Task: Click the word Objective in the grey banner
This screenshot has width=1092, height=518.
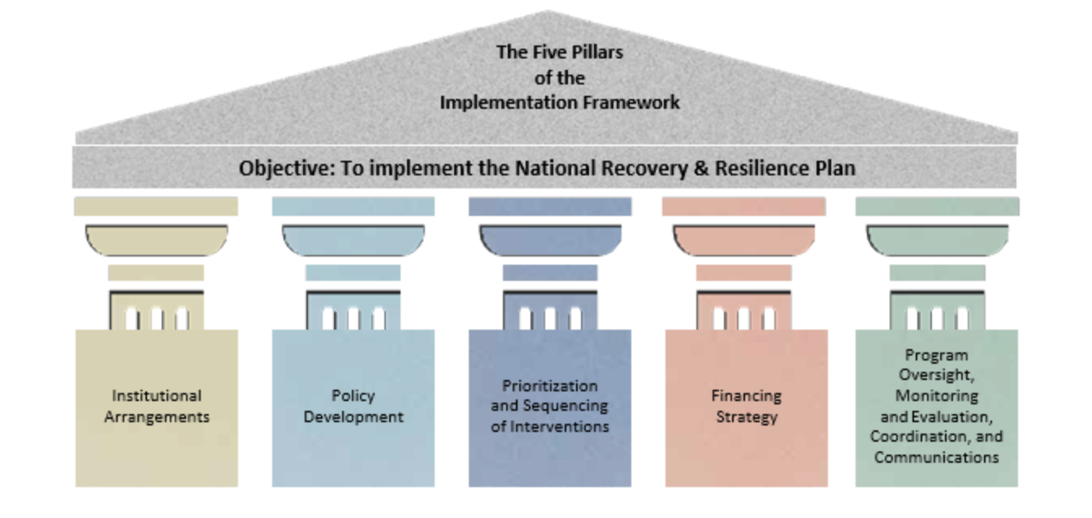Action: [x=277, y=169]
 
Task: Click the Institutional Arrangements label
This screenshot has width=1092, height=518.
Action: [x=157, y=406]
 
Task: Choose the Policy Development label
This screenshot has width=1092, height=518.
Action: [x=353, y=406]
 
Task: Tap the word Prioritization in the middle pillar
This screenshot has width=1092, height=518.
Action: [x=549, y=386]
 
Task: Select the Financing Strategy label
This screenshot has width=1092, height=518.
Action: [x=746, y=406]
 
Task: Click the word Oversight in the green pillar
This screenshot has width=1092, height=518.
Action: [x=937, y=376]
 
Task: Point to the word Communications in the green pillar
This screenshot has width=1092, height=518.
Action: [x=936, y=457]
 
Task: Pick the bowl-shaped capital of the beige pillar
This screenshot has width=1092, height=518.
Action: [x=156, y=240]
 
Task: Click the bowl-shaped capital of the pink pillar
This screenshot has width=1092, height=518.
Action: [x=744, y=240]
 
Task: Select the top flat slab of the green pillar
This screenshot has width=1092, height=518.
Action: [x=936, y=206]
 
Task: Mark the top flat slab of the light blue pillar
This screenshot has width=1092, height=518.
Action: [x=353, y=206]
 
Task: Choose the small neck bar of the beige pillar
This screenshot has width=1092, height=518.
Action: [x=156, y=273]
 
